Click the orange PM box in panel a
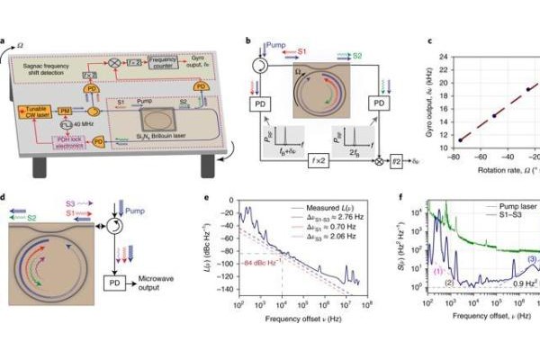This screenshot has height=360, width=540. pos(65,111)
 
